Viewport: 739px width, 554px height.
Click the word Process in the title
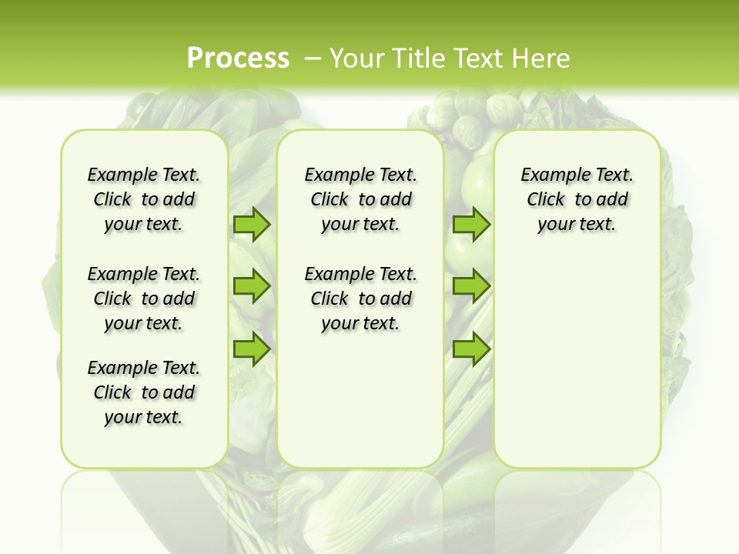point(238,58)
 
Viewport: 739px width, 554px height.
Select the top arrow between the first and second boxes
point(252,224)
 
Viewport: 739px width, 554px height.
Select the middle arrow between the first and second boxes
point(252,286)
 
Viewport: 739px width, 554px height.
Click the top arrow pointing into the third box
point(471,224)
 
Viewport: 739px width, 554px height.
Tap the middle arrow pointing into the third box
point(471,286)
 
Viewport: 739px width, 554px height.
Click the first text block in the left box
point(144,199)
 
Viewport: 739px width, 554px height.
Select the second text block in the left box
point(144,299)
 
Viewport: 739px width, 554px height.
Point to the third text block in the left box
point(144,392)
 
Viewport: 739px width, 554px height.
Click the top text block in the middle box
point(360,199)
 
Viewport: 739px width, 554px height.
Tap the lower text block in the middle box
point(360,299)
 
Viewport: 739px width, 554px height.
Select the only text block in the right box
point(577,199)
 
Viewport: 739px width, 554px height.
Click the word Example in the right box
point(549,175)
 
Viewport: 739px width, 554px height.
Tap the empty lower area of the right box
point(577,362)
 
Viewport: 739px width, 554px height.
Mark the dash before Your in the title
point(313,58)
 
